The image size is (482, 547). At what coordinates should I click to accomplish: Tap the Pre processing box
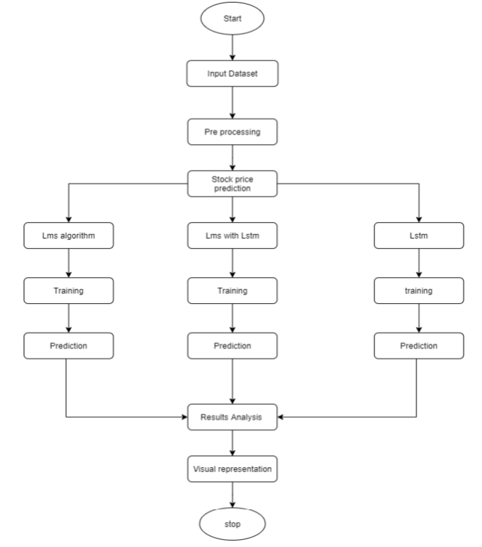[232, 132]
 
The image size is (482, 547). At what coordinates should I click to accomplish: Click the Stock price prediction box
[232, 183]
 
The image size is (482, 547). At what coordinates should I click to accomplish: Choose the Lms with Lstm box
[232, 236]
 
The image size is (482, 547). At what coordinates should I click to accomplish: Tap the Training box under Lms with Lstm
[232, 291]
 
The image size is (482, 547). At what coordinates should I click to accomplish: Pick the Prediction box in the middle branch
[232, 346]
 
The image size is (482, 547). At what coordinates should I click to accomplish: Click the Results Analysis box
[232, 416]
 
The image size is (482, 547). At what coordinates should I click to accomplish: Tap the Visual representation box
[232, 469]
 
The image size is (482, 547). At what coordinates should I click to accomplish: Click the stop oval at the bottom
[232, 524]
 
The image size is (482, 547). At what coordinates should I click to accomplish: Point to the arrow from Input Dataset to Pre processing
[232, 103]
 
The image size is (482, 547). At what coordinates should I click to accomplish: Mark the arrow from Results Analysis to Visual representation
[232, 443]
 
